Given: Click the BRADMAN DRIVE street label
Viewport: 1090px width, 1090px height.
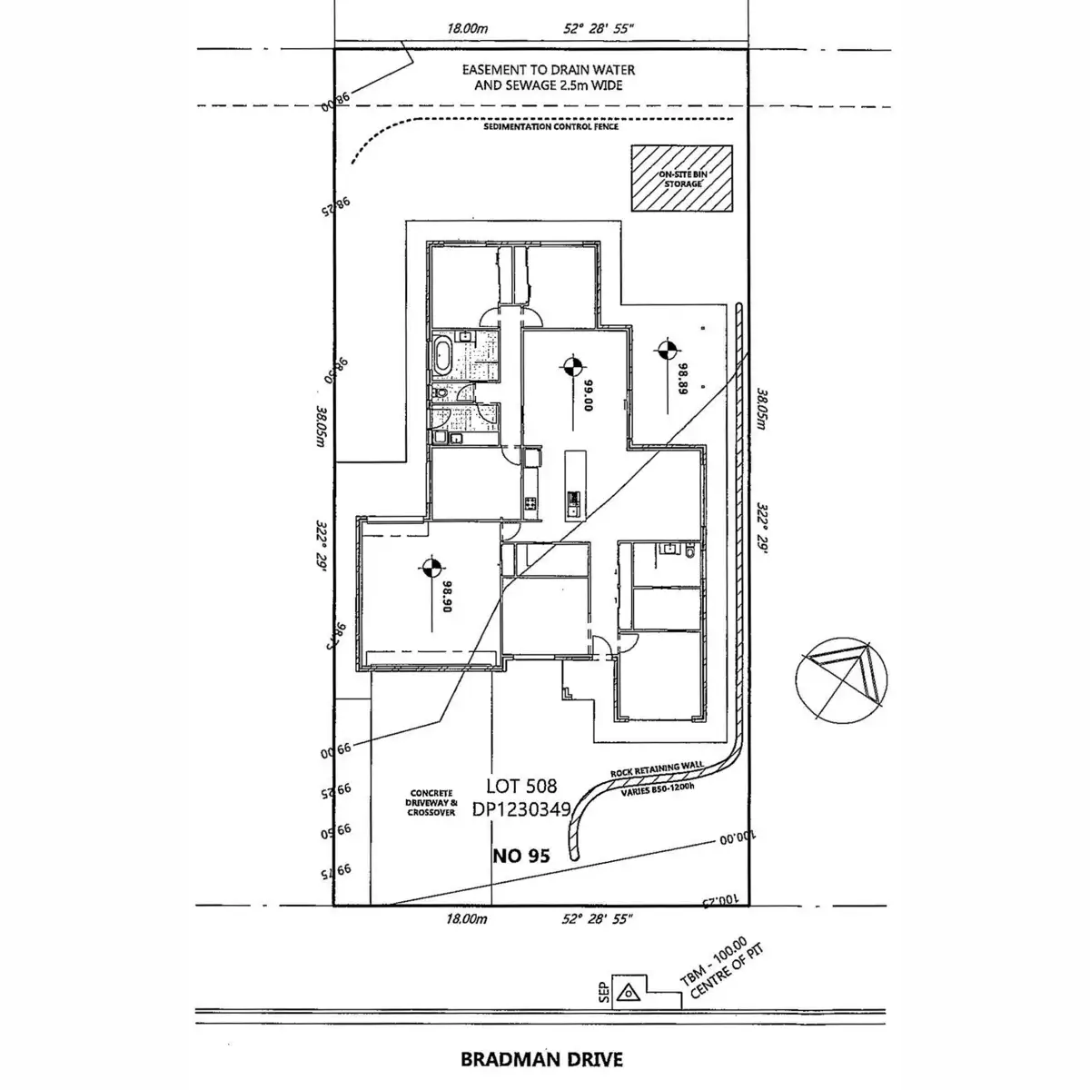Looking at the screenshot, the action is (542, 1058).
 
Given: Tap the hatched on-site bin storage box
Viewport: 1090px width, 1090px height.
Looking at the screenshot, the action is (682, 179).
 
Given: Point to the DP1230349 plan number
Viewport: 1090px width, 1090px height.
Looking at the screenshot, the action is (520, 809).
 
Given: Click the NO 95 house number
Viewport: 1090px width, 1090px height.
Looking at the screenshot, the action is (520, 855).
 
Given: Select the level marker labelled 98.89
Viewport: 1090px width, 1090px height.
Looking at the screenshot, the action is (666, 348).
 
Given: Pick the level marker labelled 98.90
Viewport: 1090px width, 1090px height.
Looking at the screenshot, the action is (431, 570).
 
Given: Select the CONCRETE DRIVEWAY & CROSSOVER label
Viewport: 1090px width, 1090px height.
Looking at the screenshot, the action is (431, 803).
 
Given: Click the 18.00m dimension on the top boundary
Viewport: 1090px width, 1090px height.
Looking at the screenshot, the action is (468, 29).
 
